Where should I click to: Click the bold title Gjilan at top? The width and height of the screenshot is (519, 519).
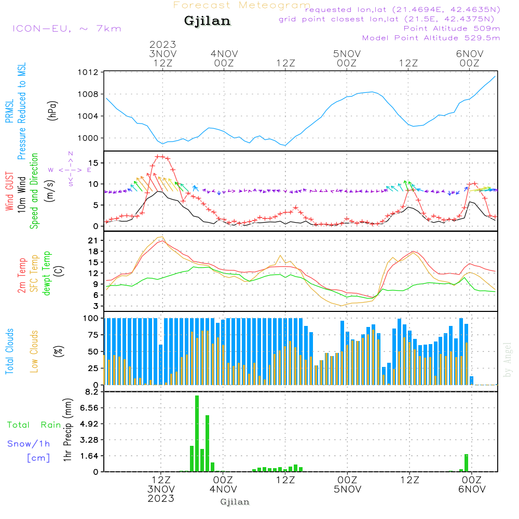pos(207,21)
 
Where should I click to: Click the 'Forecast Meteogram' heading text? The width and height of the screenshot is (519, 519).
pos(242,5)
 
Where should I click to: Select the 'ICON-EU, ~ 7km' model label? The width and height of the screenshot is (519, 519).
pos(66,29)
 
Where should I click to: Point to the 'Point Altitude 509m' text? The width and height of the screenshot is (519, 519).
pos(452,29)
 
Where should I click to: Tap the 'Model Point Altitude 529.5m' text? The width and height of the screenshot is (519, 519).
pos(431,38)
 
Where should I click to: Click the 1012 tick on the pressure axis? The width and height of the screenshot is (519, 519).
pos(88,72)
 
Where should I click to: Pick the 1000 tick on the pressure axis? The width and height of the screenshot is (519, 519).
pos(88,138)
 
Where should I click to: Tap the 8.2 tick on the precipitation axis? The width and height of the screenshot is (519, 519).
pos(91,392)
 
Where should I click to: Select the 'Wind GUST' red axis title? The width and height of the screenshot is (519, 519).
pos(9,193)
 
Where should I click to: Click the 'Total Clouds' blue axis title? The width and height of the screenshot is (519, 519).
pos(9,351)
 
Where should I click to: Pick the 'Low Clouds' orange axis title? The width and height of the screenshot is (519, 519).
pos(34,351)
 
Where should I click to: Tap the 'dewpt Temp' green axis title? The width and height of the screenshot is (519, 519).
pos(47,274)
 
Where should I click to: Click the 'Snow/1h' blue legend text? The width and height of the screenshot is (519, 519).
pos(29,444)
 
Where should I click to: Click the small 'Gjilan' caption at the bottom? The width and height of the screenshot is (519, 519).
pos(235,502)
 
